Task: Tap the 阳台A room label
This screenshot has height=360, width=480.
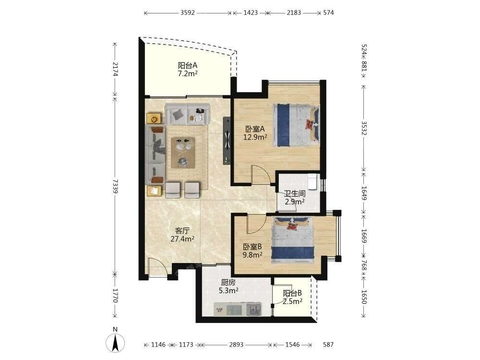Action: pos(188,65)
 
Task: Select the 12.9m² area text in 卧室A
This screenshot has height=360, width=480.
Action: pos(255,137)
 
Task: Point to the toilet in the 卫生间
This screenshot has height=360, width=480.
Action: pos(312,181)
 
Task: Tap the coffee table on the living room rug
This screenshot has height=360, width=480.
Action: pos(183,153)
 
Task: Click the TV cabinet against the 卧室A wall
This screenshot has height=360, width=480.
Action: pos(227,140)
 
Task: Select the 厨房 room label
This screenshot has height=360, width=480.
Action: pos(228,282)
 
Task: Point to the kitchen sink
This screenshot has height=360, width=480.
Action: pos(254,309)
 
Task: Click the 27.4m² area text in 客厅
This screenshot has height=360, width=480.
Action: pos(182,239)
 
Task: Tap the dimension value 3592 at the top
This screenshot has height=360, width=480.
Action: pos(187,13)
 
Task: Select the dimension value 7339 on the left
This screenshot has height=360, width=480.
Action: pos(115,186)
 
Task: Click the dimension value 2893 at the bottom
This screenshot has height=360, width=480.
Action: pos(236,345)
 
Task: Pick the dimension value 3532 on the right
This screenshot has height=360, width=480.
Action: pos(364,128)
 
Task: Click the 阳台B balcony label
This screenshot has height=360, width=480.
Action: pos(292,293)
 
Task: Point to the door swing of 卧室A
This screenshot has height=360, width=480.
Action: pos(261,175)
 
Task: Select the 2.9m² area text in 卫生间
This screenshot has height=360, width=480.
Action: pos(295,202)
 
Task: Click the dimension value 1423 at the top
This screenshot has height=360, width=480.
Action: pos(251,13)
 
